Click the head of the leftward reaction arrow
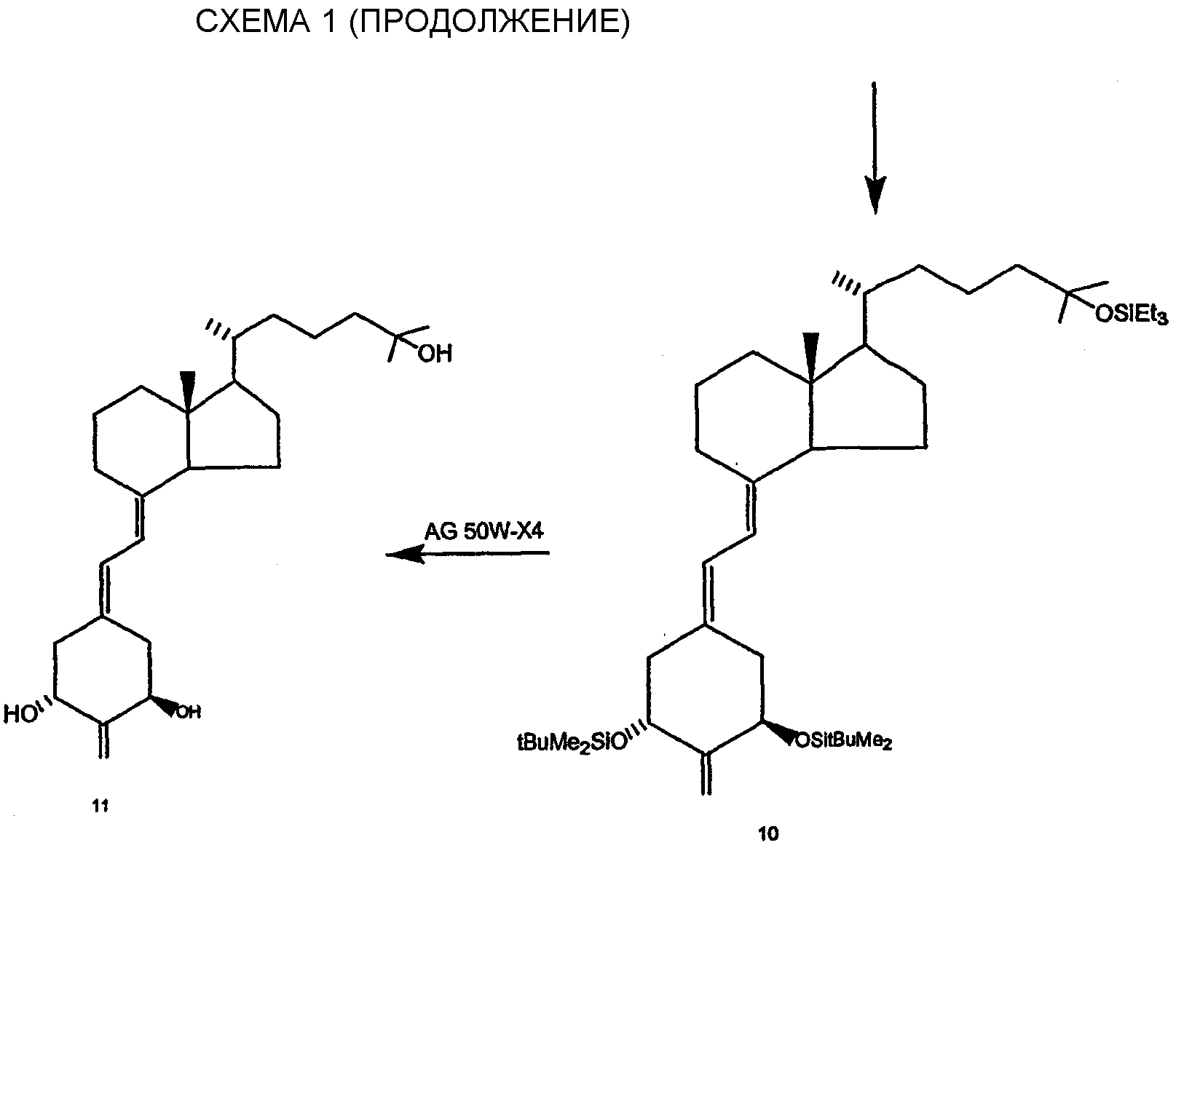point(405,555)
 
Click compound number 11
point(100,806)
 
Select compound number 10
point(768,834)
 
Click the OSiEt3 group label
point(1132,315)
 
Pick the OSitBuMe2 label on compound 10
point(843,741)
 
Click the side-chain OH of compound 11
point(435,354)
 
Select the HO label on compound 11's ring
point(20,714)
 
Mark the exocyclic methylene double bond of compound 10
point(704,774)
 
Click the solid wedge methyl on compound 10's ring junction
point(811,357)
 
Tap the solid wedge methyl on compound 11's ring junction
point(188,393)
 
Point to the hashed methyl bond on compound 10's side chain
point(848,284)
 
